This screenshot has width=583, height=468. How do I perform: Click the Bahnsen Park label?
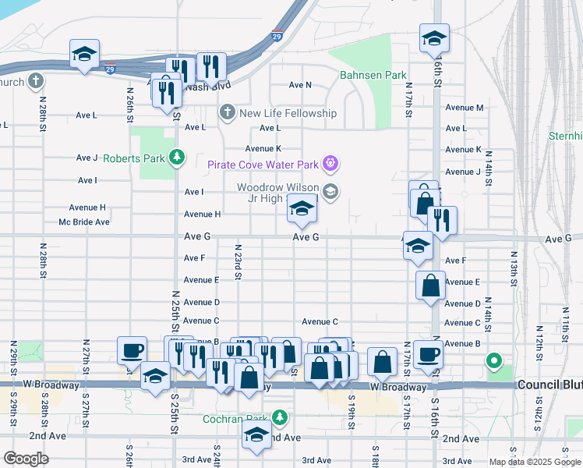point(373,76)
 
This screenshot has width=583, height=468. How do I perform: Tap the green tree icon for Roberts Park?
point(178,158)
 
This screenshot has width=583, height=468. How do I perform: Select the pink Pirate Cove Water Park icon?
point(330,163)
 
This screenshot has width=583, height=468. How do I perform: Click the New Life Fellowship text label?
point(288,113)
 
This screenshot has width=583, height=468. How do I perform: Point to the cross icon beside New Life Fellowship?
point(227,113)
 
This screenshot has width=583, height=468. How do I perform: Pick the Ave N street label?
point(299,85)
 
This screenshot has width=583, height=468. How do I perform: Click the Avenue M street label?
point(465,108)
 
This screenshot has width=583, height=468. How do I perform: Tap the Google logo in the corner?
point(26,459)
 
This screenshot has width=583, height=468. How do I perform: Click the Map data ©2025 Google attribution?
point(534,462)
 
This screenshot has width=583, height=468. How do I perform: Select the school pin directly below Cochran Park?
point(256,436)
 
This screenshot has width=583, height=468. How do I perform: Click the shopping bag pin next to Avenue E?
point(430,285)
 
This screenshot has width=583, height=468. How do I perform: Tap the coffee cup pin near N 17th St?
point(427,353)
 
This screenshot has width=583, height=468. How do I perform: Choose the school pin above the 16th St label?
point(434,37)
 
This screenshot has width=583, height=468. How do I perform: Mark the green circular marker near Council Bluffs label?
point(493,360)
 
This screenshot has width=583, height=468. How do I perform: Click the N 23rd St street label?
point(238,264)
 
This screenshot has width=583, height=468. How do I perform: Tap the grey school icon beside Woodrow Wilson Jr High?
point(330,192)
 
